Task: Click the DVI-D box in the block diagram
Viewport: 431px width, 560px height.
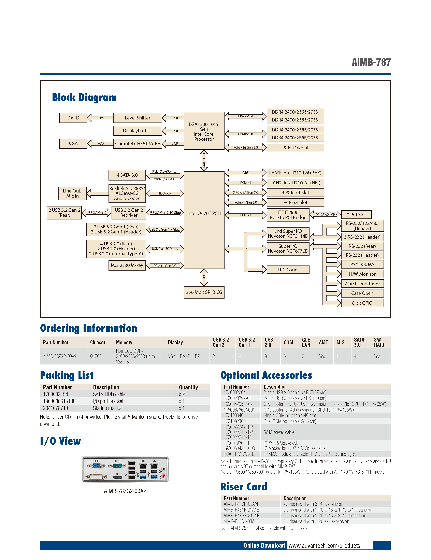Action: pyautogui.click(x=73, y=118)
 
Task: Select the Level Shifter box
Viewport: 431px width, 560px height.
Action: pyautogui.click(x=138, y=118)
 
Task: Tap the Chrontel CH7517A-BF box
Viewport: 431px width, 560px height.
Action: pyautogui.click(x=138, y=144)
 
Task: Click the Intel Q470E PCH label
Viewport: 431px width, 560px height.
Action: pyautogui.click(x=204, y=213)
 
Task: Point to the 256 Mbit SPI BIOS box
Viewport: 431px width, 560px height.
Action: pyautogui.click(x=204, y=292)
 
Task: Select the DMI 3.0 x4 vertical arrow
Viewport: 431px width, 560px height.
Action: pyautogui.click(x=204, y=160)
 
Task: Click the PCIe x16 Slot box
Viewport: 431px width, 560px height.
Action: pyautogui.click(x=295, y=148)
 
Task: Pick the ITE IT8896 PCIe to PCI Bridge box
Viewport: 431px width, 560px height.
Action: pyautogui.click(x=288, y=215)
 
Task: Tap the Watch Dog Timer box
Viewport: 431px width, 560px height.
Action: pyautogui.click(x=362, y=284)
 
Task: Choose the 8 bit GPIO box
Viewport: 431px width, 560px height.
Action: pyautogui.click(x=362, y=303)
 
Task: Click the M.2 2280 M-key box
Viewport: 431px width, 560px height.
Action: pyautogui.click(x=127, y=265)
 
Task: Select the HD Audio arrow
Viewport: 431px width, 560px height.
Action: pyautogui.click(x=165, y=193)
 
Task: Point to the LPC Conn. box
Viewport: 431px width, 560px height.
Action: pyautogui.click(x=288, y=270)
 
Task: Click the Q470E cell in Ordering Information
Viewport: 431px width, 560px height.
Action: pyautogui.click(x=96, y=356)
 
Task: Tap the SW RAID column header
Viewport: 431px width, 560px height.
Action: pyautogui.click(x=379, y=342)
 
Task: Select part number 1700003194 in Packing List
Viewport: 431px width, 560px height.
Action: pyautogui.click(x=56, y=394)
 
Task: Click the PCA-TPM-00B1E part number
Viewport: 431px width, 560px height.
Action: pyautogui.click(x=239, y=454)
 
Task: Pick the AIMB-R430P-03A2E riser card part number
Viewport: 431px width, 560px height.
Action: pyautogui.click(x=241, y=504)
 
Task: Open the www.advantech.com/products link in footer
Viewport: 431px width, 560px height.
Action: pyautogui.click(x=324, y=546)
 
